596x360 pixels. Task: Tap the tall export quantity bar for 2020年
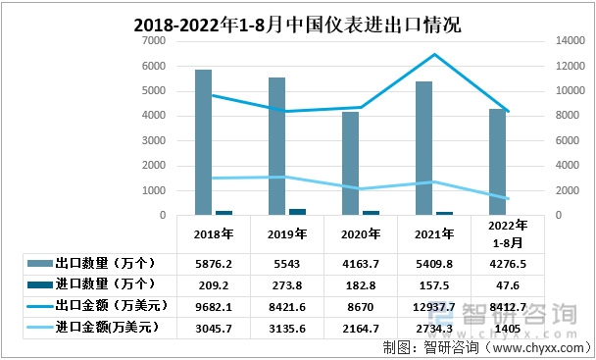click(350, 163)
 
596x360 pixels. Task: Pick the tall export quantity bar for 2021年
click(423, 147)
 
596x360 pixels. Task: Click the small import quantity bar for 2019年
click(297, 211)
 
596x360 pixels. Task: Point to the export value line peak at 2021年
click(433, 55)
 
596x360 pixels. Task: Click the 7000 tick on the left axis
click(152, 41)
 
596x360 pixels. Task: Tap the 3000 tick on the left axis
click(152, 140)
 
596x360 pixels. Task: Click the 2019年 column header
click(286, 234)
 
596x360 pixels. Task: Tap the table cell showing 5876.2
click(213, 264)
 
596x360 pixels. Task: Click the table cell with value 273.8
click(286, 284)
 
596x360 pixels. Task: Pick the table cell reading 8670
click(360, 305)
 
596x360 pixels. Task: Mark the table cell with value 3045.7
click(213, 327)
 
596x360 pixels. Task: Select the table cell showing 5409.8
click(433, 264)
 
